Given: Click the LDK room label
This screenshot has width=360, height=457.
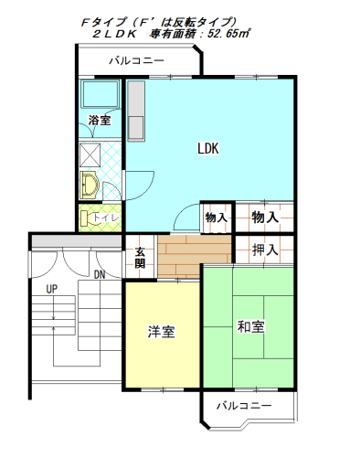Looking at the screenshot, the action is coord(208,149).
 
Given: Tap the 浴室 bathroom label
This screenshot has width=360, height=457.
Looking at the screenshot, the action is coord(100,120).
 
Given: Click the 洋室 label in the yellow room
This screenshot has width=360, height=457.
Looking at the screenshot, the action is coord(161,332).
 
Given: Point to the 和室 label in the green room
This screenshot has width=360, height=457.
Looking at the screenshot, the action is coord(250,326).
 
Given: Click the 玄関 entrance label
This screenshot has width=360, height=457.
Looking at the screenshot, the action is coord(140,258).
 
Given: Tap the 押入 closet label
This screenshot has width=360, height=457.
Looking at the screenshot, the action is coord(265,250).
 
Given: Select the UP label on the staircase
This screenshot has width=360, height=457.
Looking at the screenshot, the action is coord(52,289).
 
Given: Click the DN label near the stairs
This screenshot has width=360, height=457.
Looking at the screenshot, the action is coord(100,275).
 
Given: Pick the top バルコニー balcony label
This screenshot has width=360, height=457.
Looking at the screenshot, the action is coord(137,60).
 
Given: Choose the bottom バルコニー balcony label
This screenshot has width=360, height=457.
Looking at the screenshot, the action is coord(244,406).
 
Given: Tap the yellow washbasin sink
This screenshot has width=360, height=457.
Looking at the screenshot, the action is coord(90,186).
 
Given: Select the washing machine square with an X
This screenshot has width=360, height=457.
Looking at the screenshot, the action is coord(90,155).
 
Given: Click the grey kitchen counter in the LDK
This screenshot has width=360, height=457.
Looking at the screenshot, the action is coord(136,111).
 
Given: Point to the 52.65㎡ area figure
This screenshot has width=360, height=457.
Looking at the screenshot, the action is coord(228,33).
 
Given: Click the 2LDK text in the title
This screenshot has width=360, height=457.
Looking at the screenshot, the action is coord(114,34).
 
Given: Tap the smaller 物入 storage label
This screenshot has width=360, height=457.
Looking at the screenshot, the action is coord(216,218).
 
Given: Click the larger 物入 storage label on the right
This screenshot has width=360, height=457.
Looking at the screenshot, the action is coord(265,218).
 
